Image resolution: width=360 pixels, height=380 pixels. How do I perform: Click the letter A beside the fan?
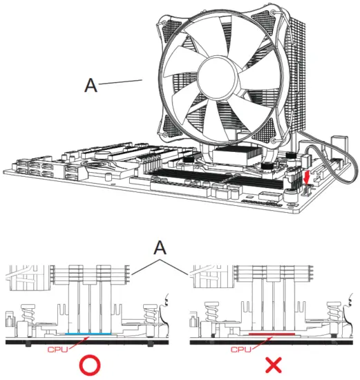click(91, 85)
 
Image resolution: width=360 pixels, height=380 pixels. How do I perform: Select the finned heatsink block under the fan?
click(231, 156)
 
